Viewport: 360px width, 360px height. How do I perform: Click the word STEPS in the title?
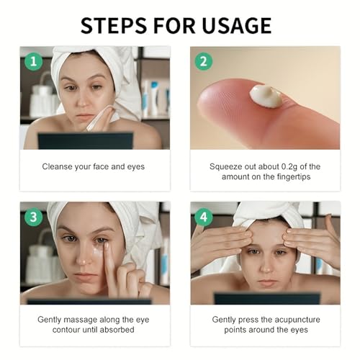114,25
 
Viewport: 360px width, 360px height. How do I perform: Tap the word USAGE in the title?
237,25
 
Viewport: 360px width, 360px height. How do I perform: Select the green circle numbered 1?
34,61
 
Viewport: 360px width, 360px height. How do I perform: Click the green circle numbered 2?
204,61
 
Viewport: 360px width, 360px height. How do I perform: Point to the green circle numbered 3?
34,217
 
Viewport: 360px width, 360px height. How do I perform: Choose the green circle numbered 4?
204,217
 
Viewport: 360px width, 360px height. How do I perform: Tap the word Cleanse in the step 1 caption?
58,166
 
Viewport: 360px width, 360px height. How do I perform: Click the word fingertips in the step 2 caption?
294,177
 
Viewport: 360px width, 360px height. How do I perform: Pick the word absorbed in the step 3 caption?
117,330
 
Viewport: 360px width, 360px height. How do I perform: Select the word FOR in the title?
174,25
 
